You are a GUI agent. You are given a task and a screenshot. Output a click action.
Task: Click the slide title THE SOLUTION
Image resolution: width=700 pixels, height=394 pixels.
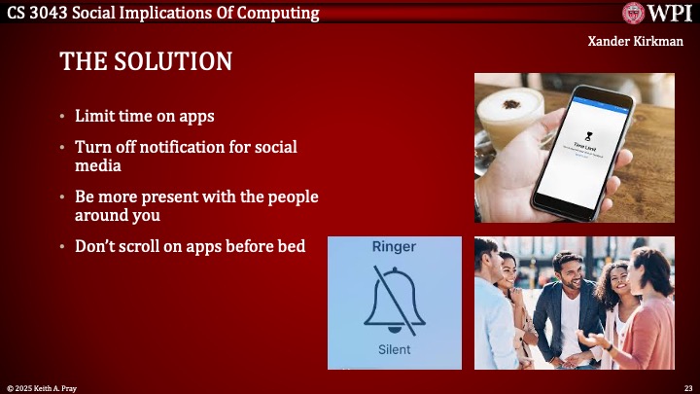[146, 62]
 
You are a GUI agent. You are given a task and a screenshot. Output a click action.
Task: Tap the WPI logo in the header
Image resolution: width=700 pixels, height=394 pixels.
[657, 13]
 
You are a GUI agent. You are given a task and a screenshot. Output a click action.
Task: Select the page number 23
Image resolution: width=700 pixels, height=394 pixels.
[687, 387]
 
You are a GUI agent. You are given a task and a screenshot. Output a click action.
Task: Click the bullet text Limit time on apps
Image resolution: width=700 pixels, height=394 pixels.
[144, 116]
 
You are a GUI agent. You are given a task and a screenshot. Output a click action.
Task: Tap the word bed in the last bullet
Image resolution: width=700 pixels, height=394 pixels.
[291, 246]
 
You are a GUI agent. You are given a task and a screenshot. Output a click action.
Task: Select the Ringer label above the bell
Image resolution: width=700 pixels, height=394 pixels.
[394, 247]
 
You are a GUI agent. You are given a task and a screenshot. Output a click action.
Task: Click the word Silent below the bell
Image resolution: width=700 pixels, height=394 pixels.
[394, 349]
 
